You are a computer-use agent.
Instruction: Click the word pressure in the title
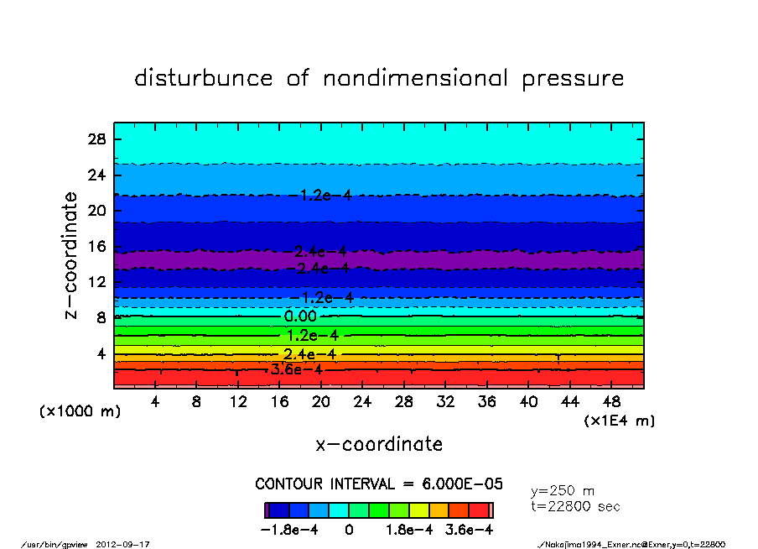(573, 79)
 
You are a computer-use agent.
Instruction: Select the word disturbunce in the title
(204, 78)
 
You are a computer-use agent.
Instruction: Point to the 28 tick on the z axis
(96, 139)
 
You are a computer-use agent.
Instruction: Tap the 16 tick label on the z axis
(96, 247)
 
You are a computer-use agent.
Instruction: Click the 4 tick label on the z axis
(101, 353)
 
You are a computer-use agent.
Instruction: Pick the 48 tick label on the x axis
(611, 402)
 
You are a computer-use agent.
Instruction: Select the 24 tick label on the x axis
(362, 402)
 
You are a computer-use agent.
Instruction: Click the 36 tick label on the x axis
(486, 402)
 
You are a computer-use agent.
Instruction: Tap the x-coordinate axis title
(379, 444)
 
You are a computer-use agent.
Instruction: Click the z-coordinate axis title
(72, 255)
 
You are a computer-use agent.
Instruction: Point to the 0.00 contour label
(300, 316)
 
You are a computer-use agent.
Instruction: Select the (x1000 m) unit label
(80, 412)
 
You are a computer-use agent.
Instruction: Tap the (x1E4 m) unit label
(620, 421)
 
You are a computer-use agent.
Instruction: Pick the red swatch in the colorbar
(478, 510)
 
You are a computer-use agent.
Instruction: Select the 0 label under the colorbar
(349, 531)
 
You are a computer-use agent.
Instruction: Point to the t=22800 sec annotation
(576, 506)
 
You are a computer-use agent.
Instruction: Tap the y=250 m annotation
(563, 490)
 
